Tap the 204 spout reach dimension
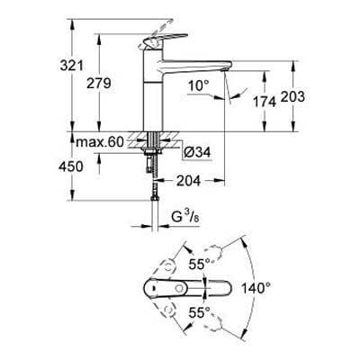[x=188, y=180]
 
